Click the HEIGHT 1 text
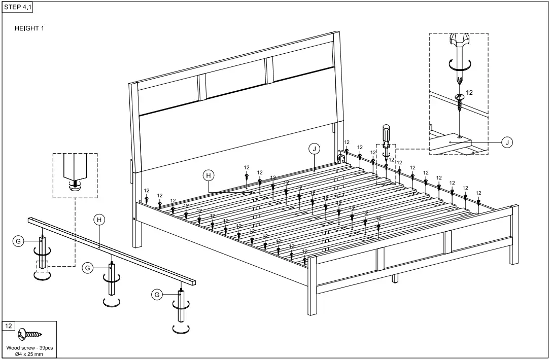click(x=29, y=28)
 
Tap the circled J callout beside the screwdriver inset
click(x=506, y=142)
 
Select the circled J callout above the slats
click(x=315, y=149)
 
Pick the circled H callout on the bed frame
click(x=208, y=175)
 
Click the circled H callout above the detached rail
click(x=99, y=220)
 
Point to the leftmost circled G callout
click(x=18, y=241)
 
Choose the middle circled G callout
click(x=88, y=268)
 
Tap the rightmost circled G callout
click(x=157, y=294)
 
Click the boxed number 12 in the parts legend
click(x=9, y=326)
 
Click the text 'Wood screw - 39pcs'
click(x=29, y=348)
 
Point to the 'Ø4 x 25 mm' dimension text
click(x=29, y=354)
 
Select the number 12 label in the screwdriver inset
click(x=469, y=93)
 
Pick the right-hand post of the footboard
click(x=514, y=234)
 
